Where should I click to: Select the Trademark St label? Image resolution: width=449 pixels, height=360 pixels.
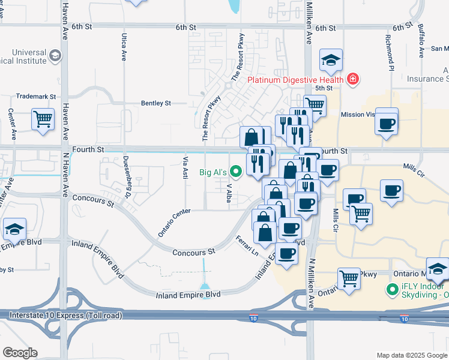(x=36, y=96)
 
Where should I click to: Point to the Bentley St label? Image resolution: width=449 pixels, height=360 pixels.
(x=156, y=103)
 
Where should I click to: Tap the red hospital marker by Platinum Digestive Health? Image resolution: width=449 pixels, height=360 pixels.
(x=353, y=79)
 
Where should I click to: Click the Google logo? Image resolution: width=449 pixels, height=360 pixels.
(x=20, y=353)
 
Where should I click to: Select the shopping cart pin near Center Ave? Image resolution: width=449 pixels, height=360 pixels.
(x=43, y=119)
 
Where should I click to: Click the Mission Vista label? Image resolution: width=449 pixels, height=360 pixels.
(x=360, y=114)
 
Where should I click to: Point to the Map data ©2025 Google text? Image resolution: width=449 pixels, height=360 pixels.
(x=411, y=355)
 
